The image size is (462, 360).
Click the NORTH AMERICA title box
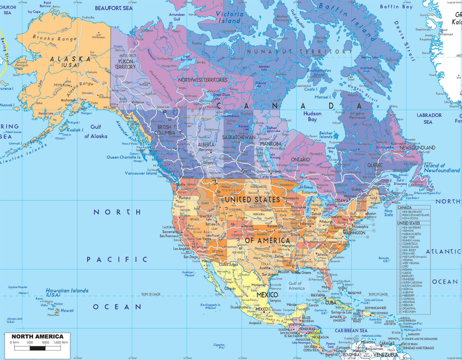point(37,336)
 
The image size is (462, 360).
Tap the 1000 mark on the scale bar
point(45,342)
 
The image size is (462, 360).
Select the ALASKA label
point(70,60)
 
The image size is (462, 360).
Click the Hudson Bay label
point(312,117)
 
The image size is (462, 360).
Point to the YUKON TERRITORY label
point(125,64)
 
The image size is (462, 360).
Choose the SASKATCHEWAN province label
point(239,137)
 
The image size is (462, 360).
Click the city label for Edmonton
point(206,150)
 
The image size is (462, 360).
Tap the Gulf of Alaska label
point(96,132)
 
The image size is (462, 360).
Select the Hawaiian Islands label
point(67,291)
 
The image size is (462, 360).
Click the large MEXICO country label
point(267,295)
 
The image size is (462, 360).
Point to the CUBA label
point(331,303)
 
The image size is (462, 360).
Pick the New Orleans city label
point(303,273)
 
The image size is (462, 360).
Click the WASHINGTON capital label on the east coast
point(354,233)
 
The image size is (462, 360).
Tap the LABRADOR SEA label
point(429,118)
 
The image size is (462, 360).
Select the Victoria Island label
point(230,17)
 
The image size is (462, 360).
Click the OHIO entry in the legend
point(405,266)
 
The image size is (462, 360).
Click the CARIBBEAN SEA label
point(351,331)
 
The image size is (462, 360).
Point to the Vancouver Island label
point(141,173)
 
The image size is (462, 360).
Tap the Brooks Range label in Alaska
point(54,38)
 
